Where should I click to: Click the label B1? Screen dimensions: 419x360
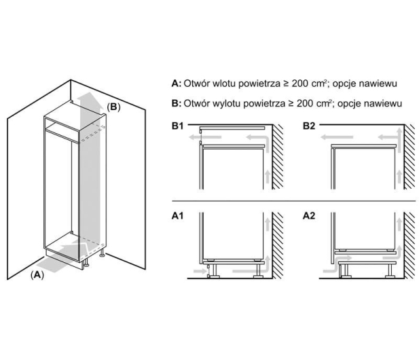tap(178, 126)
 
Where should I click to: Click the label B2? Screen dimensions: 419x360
tap(309, 126)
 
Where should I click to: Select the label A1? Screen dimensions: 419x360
tap(178, 216)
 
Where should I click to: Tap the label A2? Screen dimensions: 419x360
tap(309, 216)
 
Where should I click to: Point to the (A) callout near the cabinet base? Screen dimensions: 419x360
tap(37, 274)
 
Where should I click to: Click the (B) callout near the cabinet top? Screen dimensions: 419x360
tap(113, 107)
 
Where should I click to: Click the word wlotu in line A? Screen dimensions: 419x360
tap(223, 84)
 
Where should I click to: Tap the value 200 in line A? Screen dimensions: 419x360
tap(299, 84)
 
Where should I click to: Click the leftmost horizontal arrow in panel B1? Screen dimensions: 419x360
tap(205, 137)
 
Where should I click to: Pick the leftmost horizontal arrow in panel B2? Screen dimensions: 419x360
tap(337, 137)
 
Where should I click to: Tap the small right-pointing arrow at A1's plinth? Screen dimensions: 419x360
tap(200, 271)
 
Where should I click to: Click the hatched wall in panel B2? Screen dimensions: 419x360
tap(410, 157)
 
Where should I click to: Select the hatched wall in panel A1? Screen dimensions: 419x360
tap(278, 245)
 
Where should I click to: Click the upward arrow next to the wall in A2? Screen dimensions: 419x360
tap(399, 225)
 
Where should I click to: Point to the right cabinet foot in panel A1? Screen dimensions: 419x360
tap(258, 271)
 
